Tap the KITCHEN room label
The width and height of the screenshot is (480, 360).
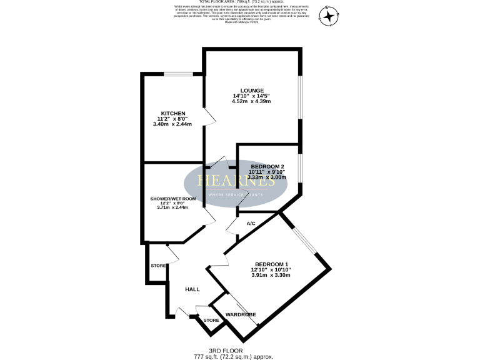click(172, 113)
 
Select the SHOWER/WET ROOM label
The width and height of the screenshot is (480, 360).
click(173, 199)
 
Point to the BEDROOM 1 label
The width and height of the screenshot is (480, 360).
click(271, 264)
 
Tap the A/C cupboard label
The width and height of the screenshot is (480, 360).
click(251, 223)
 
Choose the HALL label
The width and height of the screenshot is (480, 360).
click(192, 289)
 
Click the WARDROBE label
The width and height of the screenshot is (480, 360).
click(241, 314)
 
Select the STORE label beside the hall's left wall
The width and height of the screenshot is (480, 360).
click(159, 266)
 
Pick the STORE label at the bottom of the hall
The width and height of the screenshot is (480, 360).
click(211, 321)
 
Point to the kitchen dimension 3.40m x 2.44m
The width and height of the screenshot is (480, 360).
click(172, 124)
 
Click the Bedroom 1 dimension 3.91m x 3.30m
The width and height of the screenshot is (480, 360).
click(271, 275)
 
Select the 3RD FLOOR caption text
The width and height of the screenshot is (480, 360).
click(226, 351)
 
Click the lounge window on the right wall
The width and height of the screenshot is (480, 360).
click(299, 97)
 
